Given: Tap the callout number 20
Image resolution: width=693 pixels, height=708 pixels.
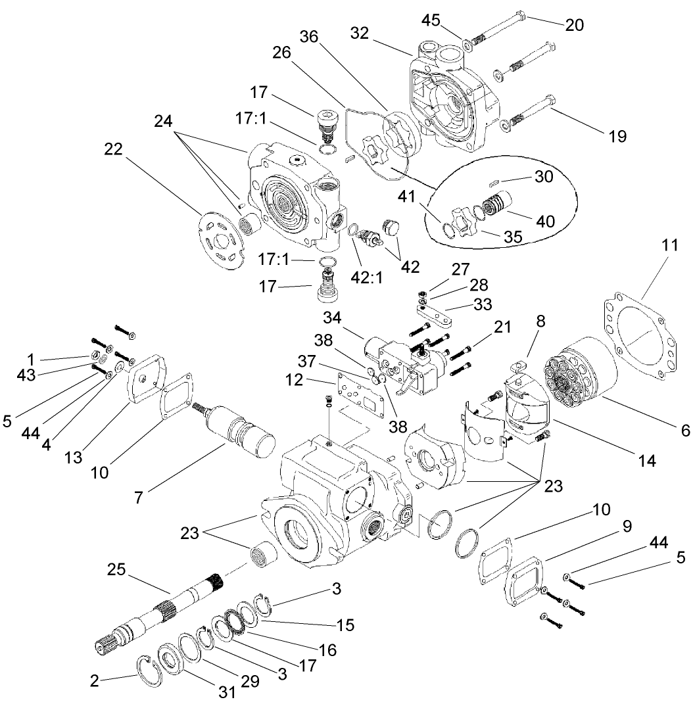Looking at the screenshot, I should (574, 24).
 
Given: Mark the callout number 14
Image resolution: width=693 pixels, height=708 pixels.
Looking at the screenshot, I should (647, 460).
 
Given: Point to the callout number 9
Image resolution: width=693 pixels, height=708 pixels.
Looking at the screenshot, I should (626, 526).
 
